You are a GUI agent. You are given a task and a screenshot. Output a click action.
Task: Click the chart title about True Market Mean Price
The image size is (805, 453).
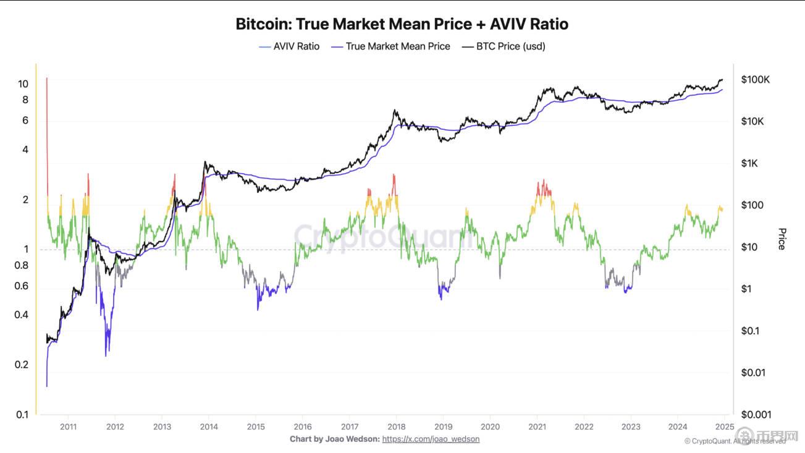pyautogui.click(x=402, y=24)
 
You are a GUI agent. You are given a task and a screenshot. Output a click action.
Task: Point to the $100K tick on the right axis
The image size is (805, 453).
pyautogui.click(x=756, y=80)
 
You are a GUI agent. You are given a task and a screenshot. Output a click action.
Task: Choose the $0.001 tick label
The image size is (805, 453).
pyautogui.click(x=756, y=415)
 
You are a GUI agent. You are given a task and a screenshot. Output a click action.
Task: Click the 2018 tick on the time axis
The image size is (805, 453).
pyautogui.click(x=396, y=426)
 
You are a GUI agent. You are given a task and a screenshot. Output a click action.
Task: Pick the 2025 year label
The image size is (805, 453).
pyautogui.click(x=724, y=426)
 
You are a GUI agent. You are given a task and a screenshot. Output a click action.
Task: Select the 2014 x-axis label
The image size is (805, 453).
pyautogui.click(x=209, y=426)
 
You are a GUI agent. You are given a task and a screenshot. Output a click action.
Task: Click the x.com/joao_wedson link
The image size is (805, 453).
pyautogui.click(x=431, y=439)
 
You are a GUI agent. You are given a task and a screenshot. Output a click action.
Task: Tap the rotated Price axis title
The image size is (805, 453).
pyautogui.click(x=782, y=239)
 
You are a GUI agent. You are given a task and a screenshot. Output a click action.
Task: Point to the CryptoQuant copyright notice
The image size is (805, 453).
pyautogui.click(x=735, y=441)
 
